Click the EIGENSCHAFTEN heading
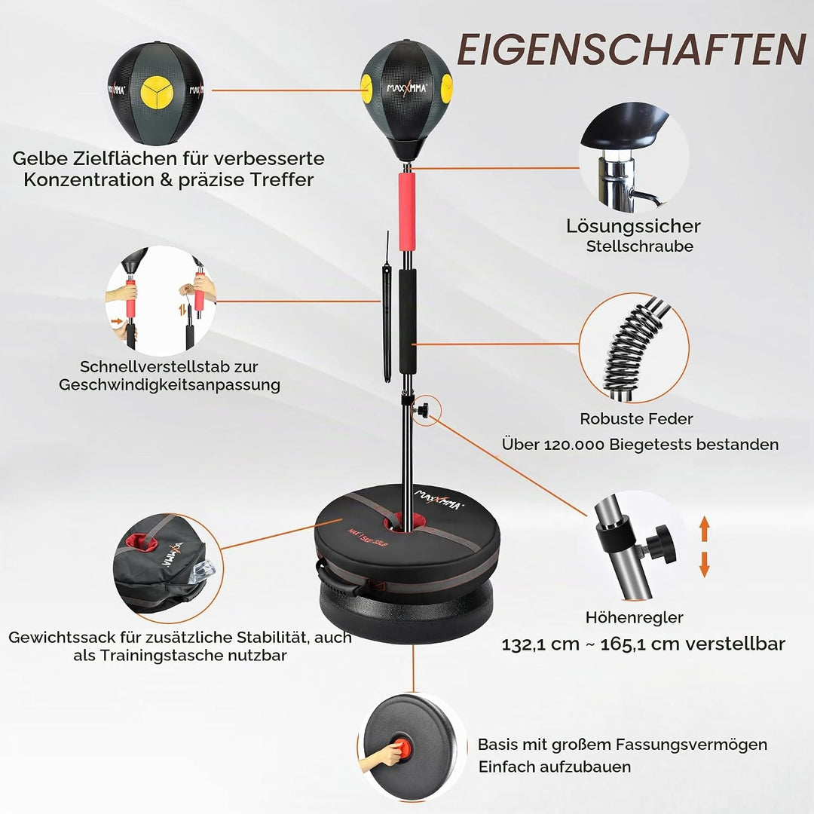click(x=632, y=50)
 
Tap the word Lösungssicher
click(x=633, y=226)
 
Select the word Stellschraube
click(x=640, y=246)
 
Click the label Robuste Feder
click(x=636, y=419)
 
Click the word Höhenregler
click(x=635, y=618)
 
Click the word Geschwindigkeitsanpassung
click(x=170, y=385)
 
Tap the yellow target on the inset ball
click(x=157, y=93)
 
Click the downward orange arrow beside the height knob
click(x=705, y=565)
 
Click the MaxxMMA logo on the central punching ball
click(x=407, y=88)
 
